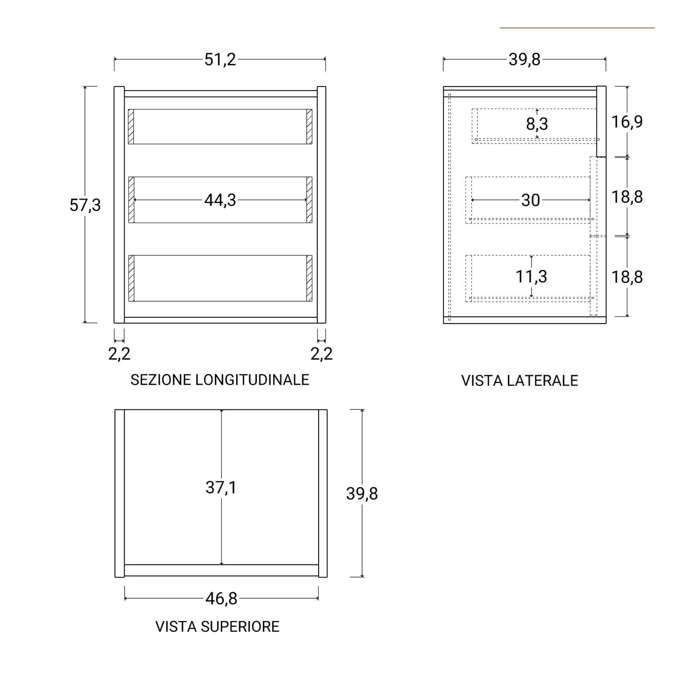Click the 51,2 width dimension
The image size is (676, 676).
pos(220,60)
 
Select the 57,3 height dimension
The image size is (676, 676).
pos(85,205)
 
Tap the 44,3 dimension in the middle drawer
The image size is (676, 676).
pos(220,200)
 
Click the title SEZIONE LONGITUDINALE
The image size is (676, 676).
pos(220,380)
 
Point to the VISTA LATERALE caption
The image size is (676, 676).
pos(519,381)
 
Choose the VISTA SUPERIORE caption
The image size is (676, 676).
pos(217,627)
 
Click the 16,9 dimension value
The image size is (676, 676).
pos(627,122)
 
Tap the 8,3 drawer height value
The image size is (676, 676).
pos(537,124)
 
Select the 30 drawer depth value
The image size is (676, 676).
pos(530,200)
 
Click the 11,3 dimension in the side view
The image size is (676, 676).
pos(531,276)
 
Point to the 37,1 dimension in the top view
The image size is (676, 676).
pos(221,488)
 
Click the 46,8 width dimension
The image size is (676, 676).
pos(221,599)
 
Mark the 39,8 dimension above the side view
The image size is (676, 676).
pos(524,60)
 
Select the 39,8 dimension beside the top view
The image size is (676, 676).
pos(362,493)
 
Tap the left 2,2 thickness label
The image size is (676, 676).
pos(119,354)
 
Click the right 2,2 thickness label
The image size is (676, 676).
pos(322,354)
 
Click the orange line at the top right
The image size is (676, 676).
pos(577,28)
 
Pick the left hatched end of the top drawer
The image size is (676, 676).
pos(131,127)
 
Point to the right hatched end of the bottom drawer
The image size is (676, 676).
pos(309,278)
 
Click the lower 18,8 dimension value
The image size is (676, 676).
pos(627,277)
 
